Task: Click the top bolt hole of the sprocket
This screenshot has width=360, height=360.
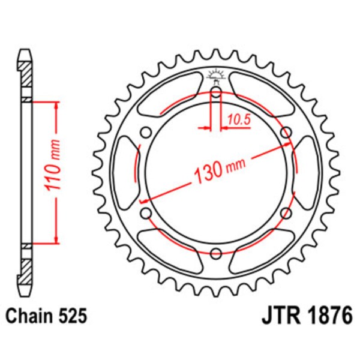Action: coord(216,92)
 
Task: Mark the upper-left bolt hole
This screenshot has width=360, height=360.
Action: coord(146,132)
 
